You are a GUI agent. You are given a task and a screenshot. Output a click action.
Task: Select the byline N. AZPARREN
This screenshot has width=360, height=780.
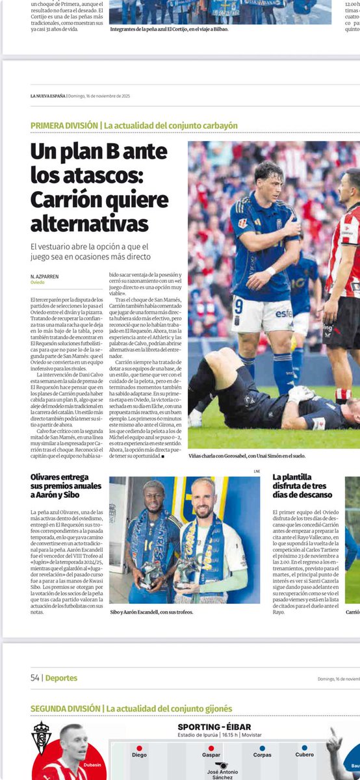coord(45,276)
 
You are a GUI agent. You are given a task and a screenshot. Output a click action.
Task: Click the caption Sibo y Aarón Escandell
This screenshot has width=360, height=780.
coord(151,612)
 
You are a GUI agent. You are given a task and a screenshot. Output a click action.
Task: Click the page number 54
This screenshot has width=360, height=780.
coord(35,678)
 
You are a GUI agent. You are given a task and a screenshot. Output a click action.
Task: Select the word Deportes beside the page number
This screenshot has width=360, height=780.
coord(61,678)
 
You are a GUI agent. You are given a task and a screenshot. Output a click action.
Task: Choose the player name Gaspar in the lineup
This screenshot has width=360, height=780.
coord(211,755)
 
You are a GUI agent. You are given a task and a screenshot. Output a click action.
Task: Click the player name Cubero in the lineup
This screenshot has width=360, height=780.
coord(305,755)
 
